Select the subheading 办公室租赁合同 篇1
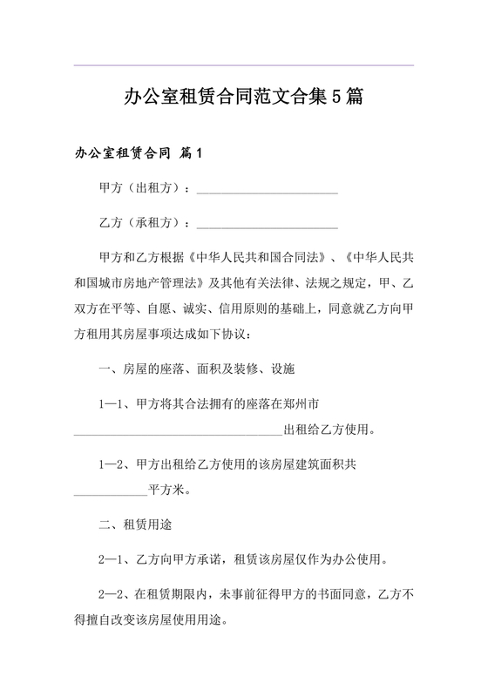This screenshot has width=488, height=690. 139,155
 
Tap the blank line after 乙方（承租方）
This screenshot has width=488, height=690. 268,225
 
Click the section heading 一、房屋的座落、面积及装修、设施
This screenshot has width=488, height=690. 198,369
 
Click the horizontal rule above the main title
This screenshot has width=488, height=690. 243,65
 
